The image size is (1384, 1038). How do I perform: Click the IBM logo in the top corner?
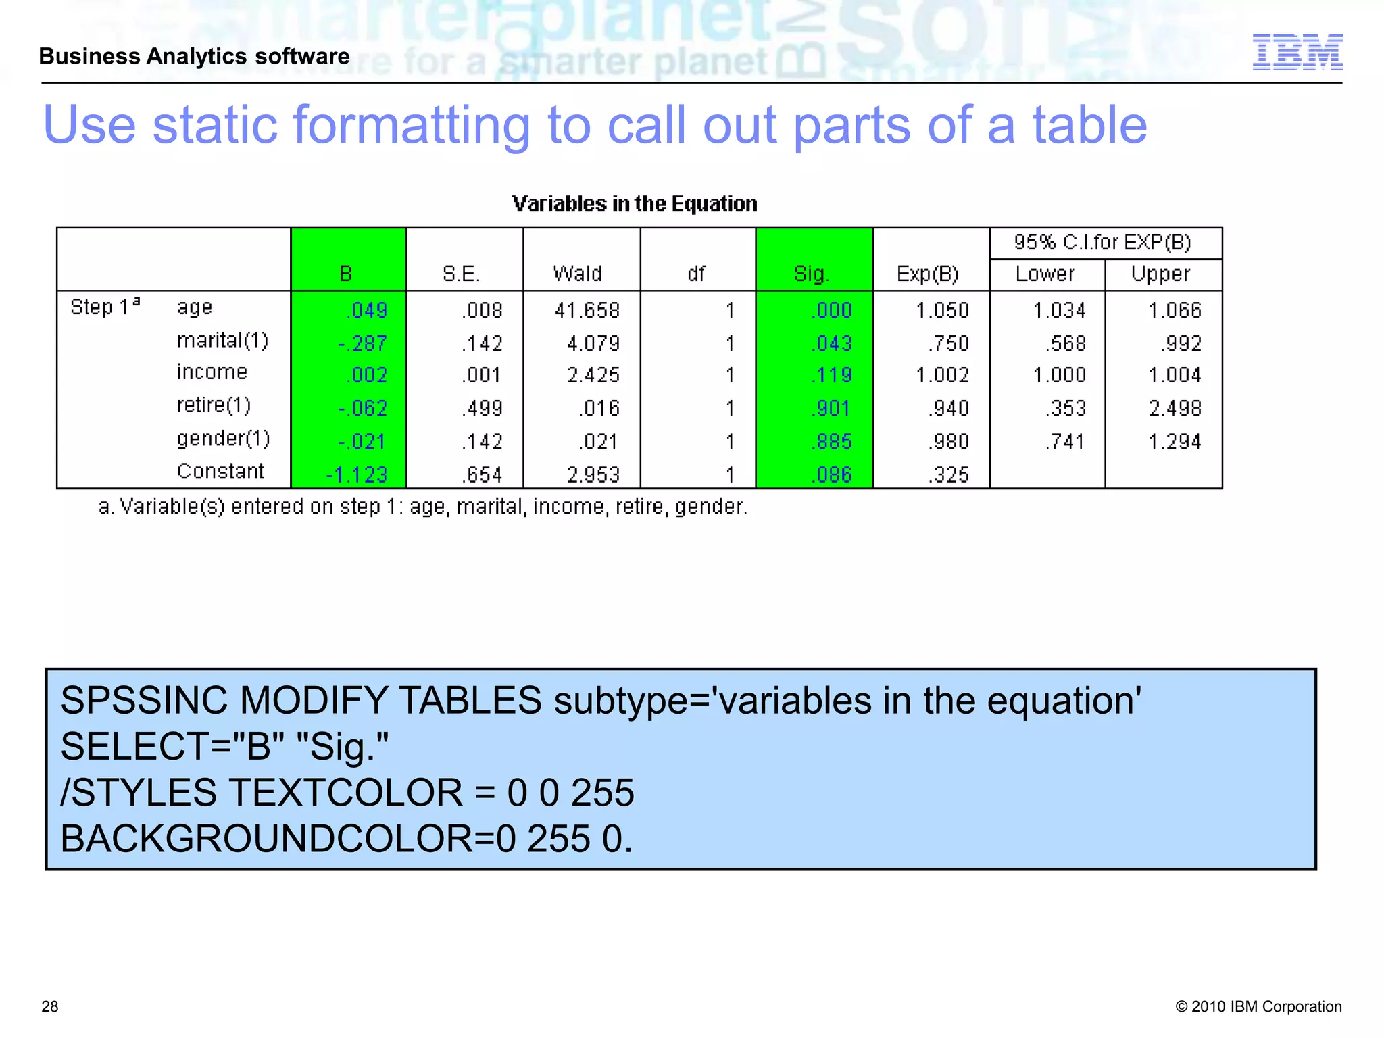coord(1297,52)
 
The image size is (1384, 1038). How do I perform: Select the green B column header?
coord(346,274)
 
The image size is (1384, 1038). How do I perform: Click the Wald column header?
coord(578,274)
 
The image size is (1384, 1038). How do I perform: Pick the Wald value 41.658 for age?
coord(587,310)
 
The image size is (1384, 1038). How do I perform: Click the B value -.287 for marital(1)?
coord(363,343)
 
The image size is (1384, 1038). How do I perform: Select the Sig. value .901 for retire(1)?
coord(831,408)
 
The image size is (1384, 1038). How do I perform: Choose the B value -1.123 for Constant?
coord(357,474)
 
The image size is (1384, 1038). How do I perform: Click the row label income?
coord(212,372)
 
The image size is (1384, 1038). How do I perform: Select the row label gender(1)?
coord(223,439)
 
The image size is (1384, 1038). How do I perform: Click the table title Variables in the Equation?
coord(635,203)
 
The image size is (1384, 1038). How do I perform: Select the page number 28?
coord(50,1006)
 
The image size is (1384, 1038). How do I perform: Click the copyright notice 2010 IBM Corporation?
coord(1258,1006)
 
